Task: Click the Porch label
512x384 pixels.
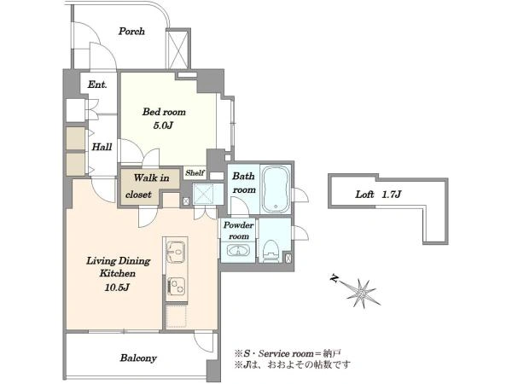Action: coord(131,32)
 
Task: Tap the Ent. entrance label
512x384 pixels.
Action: coord(97,84)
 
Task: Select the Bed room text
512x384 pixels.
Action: coord(164,112)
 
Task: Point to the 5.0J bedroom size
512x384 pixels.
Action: coord(163,125)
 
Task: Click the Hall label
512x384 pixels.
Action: coord(102,147)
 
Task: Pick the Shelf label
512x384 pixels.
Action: coord(195,172)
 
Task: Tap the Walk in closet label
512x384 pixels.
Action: coord(147,186)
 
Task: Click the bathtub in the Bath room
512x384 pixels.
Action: coord(276,189)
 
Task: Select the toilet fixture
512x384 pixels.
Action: coord(271,250)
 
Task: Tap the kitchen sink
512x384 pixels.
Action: coord(175,252)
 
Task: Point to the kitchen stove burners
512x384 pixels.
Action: coord(177,286)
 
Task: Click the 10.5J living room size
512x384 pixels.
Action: coord(117,288)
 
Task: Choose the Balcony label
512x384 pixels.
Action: coord(138,358)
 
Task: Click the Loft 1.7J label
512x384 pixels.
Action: coord(378,195)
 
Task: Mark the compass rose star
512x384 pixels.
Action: coord(362,293)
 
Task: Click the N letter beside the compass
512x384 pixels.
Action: coord(334,278)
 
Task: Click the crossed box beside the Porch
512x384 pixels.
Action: coord(177,49)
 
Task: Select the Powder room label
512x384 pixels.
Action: coord(238,230)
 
